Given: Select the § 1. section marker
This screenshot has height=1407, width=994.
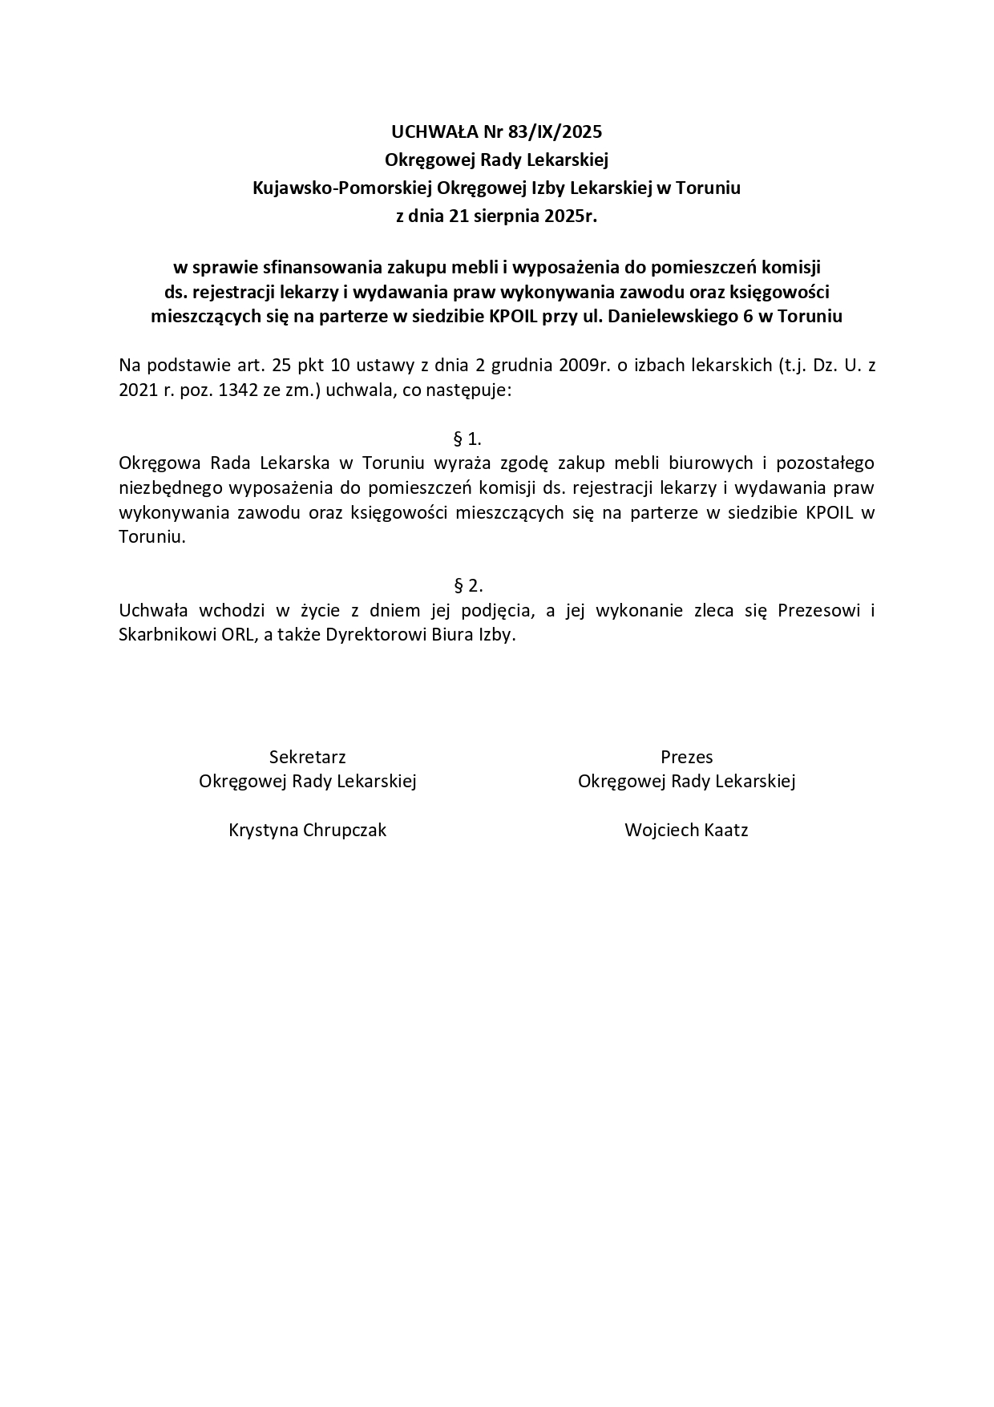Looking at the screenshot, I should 467,439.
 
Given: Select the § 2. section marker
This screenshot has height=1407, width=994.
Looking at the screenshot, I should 467,585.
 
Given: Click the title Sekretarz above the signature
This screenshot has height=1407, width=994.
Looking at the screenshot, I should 307,757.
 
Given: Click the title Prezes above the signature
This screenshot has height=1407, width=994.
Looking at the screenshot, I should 686,757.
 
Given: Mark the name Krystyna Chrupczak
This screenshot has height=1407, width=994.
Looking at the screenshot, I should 307,830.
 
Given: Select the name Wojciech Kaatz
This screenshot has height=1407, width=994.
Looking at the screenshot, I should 686,830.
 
